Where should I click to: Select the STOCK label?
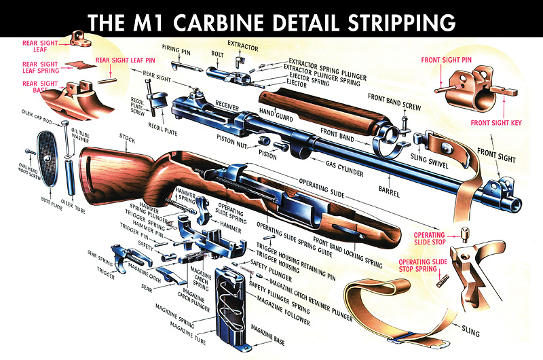[126, 139]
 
